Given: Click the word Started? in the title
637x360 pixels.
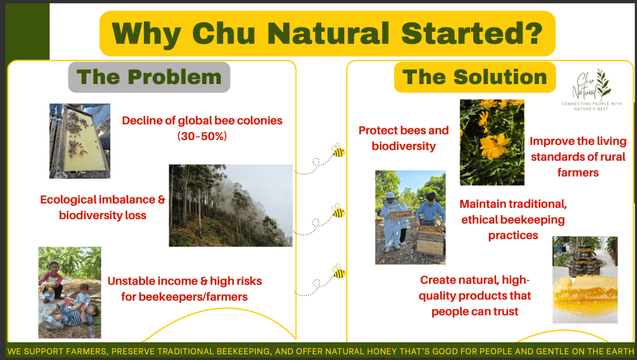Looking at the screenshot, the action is pyautogui.click(x=471, y=33).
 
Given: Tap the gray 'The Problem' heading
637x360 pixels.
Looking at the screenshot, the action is pyautogui.click(x=149, y=77).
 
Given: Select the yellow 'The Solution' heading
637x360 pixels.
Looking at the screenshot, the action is pyautogui.click(x=475, y=77).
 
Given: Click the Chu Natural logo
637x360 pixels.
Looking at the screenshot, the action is pyautogui.click(x=592, y=90).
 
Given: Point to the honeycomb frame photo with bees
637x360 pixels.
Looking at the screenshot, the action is pyautogui.click(x=80, y=141).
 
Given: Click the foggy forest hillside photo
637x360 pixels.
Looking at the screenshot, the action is pyautogui.click(x=231, y=205).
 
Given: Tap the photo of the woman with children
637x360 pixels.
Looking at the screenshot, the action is pyautogui.click(x=70, y=293).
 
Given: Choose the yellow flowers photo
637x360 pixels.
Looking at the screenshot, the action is pyautogui.click(x=492, y=142).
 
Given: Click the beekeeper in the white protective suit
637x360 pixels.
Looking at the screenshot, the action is pyautogui.click(x=391, y=220).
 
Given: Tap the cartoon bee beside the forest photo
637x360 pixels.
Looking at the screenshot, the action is pyautogui.click(x=338, y=211).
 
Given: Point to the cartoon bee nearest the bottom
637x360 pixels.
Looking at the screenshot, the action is pyautogui.click(x=338, y=271).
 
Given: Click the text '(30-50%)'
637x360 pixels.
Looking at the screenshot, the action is pyautogui.click(x=202, y=136).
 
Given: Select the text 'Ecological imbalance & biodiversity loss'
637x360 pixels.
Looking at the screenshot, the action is pyautogui.click(x=102, y=207).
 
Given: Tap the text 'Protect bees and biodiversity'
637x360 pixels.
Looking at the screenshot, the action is pyautogui.click(x=403, y=138).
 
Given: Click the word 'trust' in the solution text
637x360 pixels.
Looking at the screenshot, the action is pyautogui.click(x=506, y=311).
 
